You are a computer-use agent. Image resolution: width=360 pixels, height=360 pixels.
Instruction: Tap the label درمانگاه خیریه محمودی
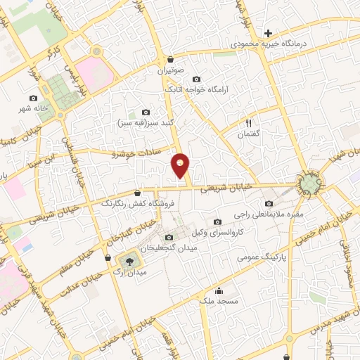click(266, 44)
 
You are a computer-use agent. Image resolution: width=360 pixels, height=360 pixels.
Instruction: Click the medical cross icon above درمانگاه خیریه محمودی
click(267, 33)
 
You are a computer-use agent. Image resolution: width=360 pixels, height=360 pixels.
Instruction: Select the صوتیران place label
click(171, 71)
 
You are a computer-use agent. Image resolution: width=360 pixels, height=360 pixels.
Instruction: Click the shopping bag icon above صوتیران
click(171, 60)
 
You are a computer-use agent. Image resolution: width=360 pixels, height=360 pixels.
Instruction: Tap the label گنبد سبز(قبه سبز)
click(146, 122)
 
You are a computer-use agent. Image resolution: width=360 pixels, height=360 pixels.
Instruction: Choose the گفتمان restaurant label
click(248, 134)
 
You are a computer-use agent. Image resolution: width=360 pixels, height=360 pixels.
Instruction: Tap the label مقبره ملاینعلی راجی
click(269, 215)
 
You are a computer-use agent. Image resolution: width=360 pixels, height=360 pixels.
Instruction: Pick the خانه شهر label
click(33, 109)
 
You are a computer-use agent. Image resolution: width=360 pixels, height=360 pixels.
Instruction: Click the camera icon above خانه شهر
click(33, 98)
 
